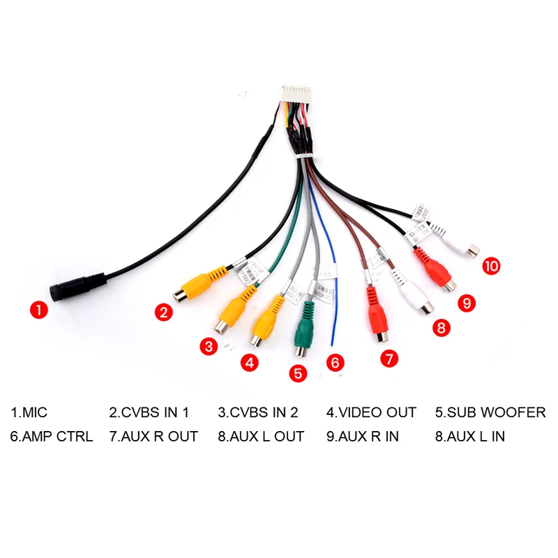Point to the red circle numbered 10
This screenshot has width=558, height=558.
coord(492,266)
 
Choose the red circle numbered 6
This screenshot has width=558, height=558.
coord(335,363)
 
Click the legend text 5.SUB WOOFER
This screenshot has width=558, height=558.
coord(490,412)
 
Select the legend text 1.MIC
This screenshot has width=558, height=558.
coord(29,412)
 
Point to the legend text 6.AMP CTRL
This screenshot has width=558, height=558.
coord(51,437)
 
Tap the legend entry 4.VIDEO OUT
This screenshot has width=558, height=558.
coord(371,412)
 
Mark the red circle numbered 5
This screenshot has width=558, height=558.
coord(299,372)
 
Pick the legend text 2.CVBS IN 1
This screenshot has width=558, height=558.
coord(149,412)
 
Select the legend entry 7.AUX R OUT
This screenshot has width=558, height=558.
coord(153,437)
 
